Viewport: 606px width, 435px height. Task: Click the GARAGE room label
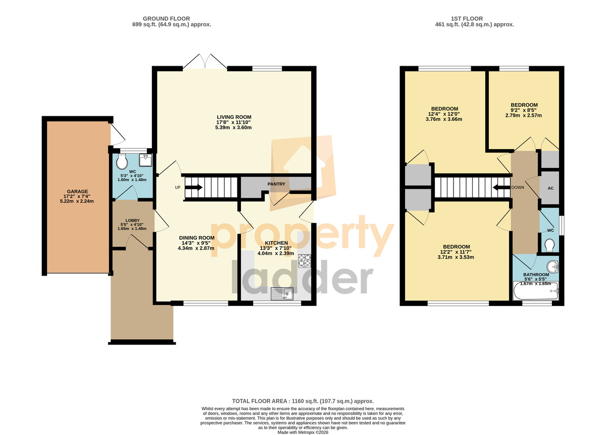pyautogui.click(x=77, y=191)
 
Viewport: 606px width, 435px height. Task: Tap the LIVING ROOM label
pyautogui.click(x=234, y=117)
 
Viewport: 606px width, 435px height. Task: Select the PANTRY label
pyautogui.click(x=276, y=184)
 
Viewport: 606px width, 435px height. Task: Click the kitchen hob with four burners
pyautogui.click(x=305, y=260)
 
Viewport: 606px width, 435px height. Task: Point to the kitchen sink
pyautogui.click(x=282, y=294)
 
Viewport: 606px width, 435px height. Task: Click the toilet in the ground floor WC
pyautogui.click(x=122, y=162)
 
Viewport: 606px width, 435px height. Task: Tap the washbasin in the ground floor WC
pyautogui.click(x=145, y=160)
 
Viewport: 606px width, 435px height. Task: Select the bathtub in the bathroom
pyautogui.click(x=536, y=291)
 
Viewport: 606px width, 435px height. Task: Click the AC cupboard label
pyautogui.click(x=550, y=188)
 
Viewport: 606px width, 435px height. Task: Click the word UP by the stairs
pyautogui.click(x=177, y=187)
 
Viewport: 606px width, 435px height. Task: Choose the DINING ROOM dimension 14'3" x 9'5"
pyautogui.click(x=196, y=243)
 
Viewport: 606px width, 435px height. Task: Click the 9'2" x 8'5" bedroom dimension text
pyautogui.click(x=524, y=110)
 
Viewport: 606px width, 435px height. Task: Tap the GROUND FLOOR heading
pyautogui.click(x=166, y=19)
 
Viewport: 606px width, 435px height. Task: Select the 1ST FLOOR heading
pyautogui.click(x=467, y=19)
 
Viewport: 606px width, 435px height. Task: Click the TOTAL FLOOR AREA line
pyautogui.click(x=303, y=401)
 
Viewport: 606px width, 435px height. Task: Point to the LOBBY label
pyautogui.click(x=132, y=221)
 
